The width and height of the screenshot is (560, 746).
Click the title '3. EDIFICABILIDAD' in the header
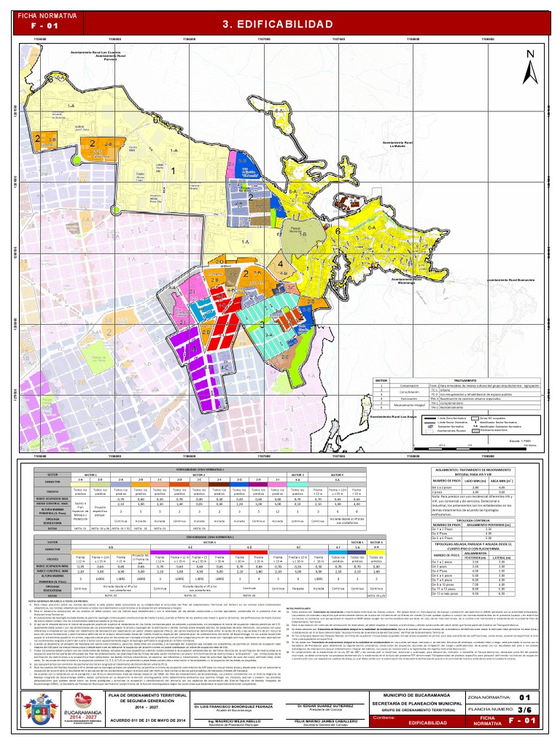pos(280,23)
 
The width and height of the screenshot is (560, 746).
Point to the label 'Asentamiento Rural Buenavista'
pos(509,279)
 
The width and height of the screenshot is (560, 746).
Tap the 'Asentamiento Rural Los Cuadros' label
pos(96,52)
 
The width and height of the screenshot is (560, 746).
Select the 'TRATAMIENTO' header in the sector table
pos(470,380)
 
